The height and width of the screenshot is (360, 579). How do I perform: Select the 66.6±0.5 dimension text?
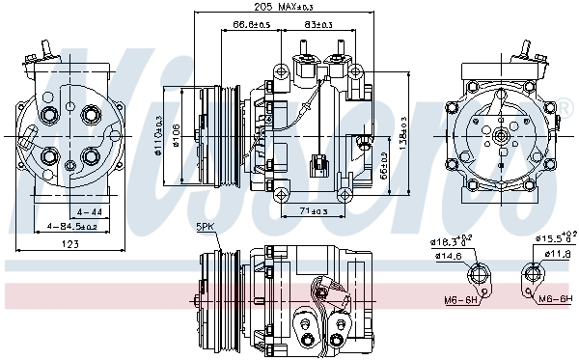(249, 24)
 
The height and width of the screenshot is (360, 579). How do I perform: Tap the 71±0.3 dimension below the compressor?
(313, 211)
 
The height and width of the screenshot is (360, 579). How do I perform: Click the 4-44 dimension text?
(90, 211)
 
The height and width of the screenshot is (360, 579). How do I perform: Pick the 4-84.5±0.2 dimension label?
(72, 227)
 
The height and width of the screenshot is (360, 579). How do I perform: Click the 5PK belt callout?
(206, 227)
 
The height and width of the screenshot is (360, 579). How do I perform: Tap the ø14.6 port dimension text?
(450, 256)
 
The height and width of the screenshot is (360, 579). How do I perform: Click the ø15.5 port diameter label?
(556, 236)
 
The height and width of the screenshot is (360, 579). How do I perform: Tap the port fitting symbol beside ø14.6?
(477, 278)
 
